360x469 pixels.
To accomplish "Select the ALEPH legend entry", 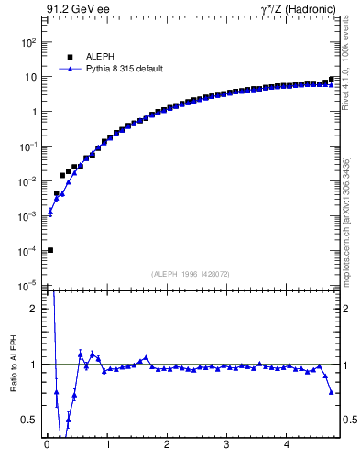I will tap(100, 57).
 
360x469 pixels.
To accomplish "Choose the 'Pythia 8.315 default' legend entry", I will tap(125, 69).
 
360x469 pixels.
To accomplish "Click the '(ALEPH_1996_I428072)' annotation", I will tap(191, 274).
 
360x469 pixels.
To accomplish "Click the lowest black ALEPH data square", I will tap(50, 250).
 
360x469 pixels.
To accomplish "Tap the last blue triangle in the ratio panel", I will tap(331, 392).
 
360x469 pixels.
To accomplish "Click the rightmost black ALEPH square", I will tap(331, 80).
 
